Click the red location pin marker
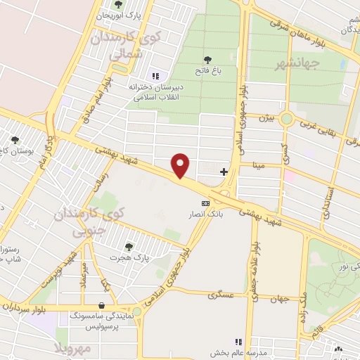(181, 165)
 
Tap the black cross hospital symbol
(224, 171)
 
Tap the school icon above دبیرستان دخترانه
(155, 76)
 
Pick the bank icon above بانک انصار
(205, 203)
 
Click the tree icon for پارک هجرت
(128, 246)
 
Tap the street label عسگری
(221, 296)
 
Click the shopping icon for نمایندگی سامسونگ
(103, 306)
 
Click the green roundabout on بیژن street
(286, 119)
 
